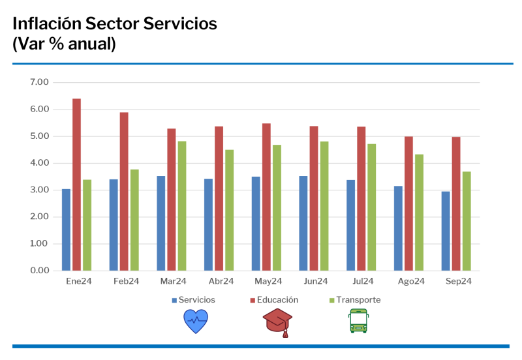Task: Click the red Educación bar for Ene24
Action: (76, 185)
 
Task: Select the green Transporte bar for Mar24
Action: (182, 206)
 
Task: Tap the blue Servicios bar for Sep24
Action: (446, 231)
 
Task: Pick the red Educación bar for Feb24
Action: (124, 191)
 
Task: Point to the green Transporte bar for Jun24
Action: (324, 206)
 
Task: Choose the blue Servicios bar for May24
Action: (256, 224)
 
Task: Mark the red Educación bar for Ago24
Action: (408, 203)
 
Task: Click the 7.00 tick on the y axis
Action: (39, 82)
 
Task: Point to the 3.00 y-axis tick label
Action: (39, 190)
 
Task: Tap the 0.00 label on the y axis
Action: (39, 270)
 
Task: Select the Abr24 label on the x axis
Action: (221, 281)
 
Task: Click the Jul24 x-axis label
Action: (363, 281)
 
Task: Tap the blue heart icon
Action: (195, 322)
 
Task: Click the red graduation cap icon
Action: (277, 322)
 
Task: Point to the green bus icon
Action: (358, 321)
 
